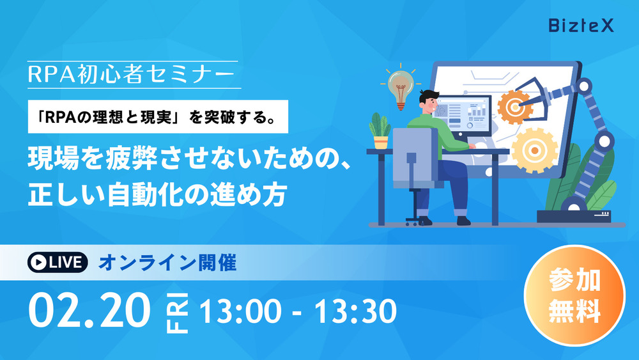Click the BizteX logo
[581, 26]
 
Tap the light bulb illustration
[401, 88]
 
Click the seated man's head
[429, 102]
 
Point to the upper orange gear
[514, 107]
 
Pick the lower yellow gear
[534, 150]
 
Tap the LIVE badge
[58, 262]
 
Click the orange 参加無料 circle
[574, 295]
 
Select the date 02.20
[89, 311]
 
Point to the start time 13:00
[240, 311]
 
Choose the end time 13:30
[355, 311]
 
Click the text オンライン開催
[167, 263]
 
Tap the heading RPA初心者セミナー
[131, 75]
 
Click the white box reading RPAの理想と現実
[158, 116]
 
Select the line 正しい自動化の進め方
[157, 194]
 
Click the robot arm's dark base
[574, 216]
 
